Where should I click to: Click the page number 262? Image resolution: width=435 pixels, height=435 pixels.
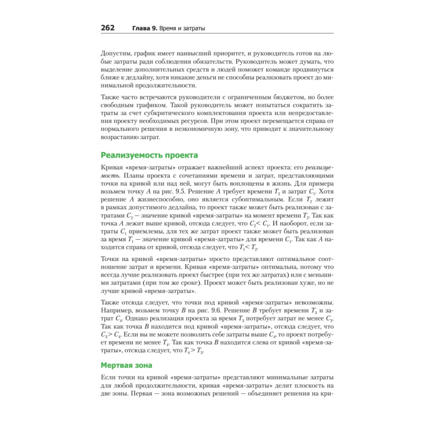pyautogui.click(x=107, y=28)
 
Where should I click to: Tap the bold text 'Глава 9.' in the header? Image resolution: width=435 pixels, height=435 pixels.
pyautogui.click(x=145, y=29)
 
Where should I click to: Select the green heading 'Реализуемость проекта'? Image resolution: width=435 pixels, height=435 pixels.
pyautogui.click(x=149, y=155)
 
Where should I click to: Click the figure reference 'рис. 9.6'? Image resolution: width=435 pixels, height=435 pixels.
pyautogui.click(x=223, y=310)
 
